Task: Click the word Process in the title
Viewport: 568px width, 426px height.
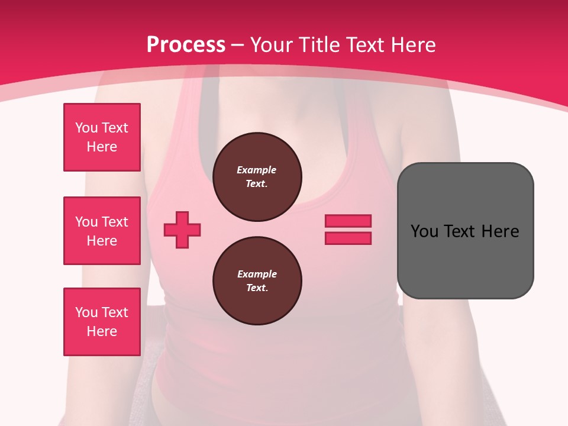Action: pos(186,45)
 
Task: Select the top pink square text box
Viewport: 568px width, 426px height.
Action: pos(102,137)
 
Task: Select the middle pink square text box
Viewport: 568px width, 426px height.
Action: pos(102,231)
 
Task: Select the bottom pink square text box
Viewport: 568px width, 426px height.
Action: pos(102,322)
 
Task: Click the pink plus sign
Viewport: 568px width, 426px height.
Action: pos(182,230)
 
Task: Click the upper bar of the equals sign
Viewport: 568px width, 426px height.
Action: pos(348,221)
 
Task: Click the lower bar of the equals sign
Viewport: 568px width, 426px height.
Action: pos(348,238)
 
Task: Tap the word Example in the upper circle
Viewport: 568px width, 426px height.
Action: pos(257,170)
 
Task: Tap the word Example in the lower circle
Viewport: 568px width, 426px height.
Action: pos(257,275)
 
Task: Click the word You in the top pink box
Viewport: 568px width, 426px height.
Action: pos(86,128)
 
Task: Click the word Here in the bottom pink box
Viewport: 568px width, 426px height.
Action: pos(102,331)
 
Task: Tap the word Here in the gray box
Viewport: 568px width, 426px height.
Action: pos(500,231)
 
